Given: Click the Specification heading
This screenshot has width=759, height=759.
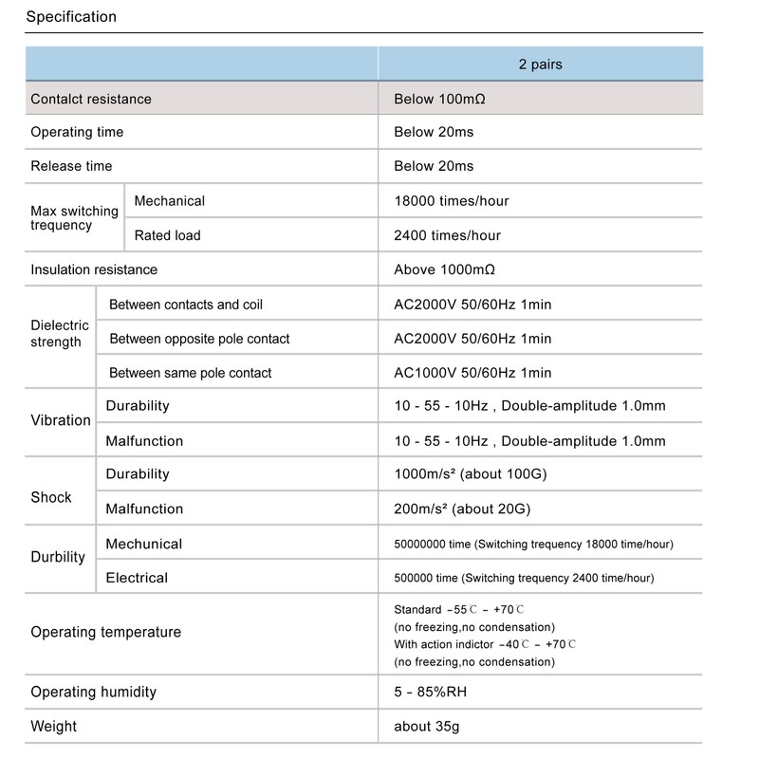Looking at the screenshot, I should (71, 17).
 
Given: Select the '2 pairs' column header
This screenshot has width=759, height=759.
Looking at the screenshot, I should (540, 65).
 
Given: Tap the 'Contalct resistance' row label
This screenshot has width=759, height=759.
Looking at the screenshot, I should (91, 99).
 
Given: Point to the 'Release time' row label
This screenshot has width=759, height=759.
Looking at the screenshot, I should (71, 166).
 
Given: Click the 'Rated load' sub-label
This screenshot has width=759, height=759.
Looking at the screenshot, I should (167, 235).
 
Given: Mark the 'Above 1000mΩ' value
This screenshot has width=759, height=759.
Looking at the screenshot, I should (444, 269).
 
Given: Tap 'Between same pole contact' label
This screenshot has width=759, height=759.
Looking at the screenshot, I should (190, 373).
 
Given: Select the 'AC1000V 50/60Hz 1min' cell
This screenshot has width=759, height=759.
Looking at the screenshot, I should (472, 373).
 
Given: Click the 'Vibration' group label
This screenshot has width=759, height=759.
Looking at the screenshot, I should (61, 420).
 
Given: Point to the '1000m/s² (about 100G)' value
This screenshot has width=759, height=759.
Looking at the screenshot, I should (470, 474).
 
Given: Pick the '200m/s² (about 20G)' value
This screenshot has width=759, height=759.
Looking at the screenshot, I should (462, 509).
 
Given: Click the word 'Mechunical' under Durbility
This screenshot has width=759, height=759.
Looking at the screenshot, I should (143, 544).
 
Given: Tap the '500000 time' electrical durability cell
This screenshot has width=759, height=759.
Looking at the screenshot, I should (524, 578).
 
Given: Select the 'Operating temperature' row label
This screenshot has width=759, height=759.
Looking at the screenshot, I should (105, 632).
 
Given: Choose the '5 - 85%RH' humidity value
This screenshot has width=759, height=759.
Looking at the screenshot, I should (430, 692).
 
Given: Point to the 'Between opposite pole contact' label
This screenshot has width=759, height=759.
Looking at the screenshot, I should (199, 339).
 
